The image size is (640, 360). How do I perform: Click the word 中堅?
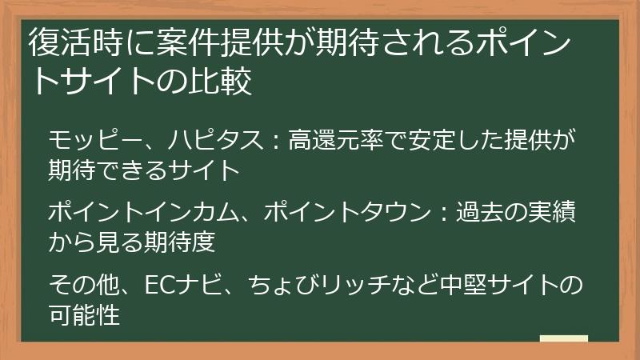coord(451,286)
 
